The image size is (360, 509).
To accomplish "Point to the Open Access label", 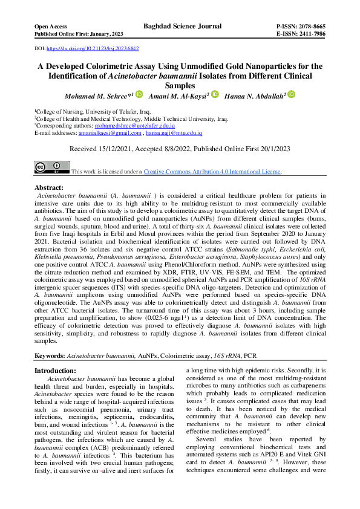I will click(50, 27).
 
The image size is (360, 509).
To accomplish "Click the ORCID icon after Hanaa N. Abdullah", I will click(291, 94).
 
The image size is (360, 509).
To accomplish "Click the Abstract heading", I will click(49, 188).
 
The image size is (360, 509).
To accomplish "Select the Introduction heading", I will click(55, 371).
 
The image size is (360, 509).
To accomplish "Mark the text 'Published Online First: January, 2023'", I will click(71, 34).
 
